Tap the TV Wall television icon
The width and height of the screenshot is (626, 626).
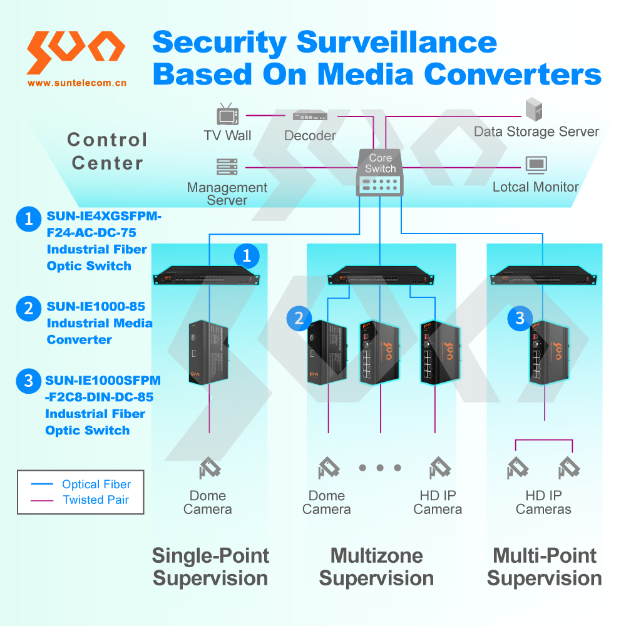[227, 115]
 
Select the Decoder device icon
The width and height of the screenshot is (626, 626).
[310, 116]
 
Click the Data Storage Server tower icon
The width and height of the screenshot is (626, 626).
[533, 110]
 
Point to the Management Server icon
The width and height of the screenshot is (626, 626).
[227, 167]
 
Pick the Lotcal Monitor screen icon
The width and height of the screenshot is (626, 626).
[536, 165]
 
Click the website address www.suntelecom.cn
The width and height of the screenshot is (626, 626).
[76, 82]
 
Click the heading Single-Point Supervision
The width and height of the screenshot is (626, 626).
[210, 567]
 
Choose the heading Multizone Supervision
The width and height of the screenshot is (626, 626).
[376, 567]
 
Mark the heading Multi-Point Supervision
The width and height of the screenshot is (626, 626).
[545, 567]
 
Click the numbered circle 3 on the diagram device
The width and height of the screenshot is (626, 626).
[520, 318]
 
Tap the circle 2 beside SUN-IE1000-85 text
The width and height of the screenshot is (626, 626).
[28, 308]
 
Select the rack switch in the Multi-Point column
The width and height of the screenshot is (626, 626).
[543, 275]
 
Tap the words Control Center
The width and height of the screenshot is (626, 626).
[107, 151]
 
